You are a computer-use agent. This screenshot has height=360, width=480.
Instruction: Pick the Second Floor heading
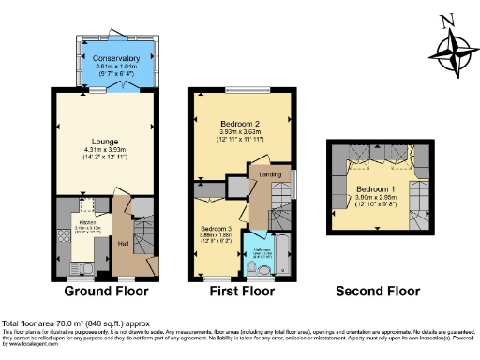tap(377, 292)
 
